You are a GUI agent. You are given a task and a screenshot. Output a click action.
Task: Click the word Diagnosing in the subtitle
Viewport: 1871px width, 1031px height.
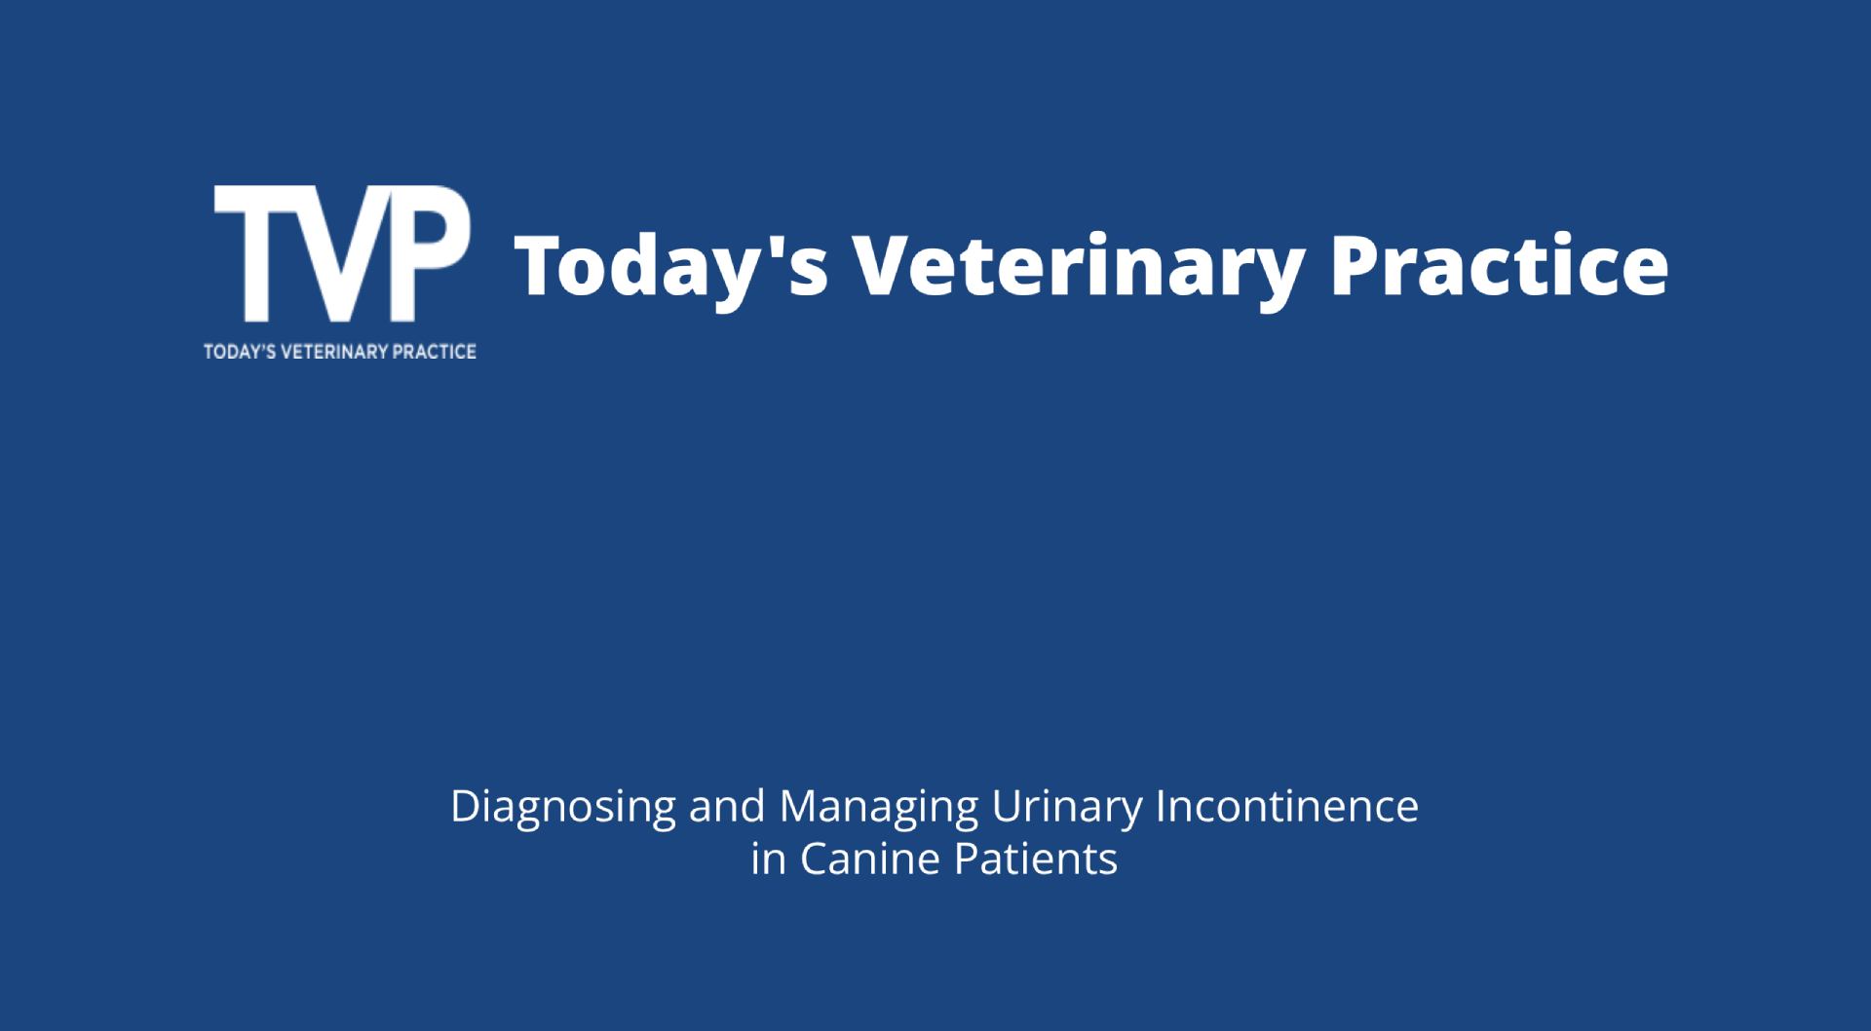point(563,808)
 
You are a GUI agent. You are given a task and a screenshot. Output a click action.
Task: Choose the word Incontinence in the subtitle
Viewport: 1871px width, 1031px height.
point(1287,806)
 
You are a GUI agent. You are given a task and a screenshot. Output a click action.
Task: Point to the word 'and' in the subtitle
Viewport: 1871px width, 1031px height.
point(728,806)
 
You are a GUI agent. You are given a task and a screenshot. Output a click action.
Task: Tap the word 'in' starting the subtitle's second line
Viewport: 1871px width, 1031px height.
point(770,859)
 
